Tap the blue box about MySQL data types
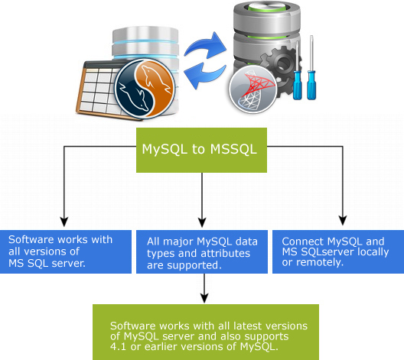[x=203, y=251]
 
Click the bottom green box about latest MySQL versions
[x=202, y=331]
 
